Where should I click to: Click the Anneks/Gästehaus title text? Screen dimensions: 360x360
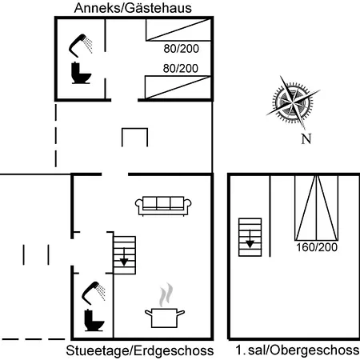coord(133,8)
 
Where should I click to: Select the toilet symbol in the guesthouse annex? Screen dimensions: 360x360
coord(81,73)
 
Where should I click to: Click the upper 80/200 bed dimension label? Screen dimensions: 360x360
coord(182,49)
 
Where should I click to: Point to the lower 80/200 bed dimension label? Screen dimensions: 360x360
coord(181,69)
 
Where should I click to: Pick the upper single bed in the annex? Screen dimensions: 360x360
coord(178,30)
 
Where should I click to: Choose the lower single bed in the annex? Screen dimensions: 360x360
coord(178,87)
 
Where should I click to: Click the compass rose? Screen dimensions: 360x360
coord(293,102)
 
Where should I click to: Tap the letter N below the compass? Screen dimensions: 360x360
coord(306,138)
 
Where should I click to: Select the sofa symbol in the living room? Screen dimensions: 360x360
coord(163,206)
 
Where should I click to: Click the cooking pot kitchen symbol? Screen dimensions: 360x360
coord(165,318)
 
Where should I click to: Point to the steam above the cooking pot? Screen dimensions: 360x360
coord(166,294)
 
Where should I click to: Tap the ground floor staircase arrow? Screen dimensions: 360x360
coord(124,258)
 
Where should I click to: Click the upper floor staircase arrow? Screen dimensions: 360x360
coord(250,239)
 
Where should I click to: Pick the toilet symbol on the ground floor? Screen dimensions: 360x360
coord(94,320)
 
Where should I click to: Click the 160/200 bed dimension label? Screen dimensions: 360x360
coord(317,247)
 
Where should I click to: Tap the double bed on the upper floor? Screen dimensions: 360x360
coord(316,207)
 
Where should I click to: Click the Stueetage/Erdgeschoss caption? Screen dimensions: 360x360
coord(140,350)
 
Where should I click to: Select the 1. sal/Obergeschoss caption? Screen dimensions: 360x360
coord(298,350)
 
